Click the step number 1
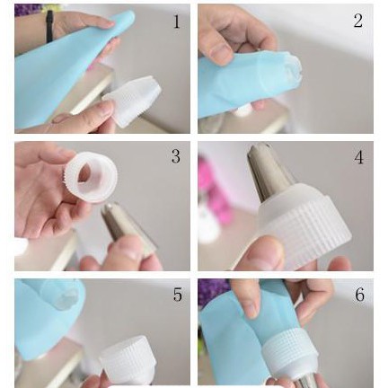point(177,22)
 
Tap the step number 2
point(358,21)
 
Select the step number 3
point(176,156)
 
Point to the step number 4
point(358,157)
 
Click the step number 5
point(178,295)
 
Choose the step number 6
point(359,295)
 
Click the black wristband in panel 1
point(49,26)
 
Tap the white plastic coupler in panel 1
point(132,101)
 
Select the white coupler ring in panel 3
point(91,177)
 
